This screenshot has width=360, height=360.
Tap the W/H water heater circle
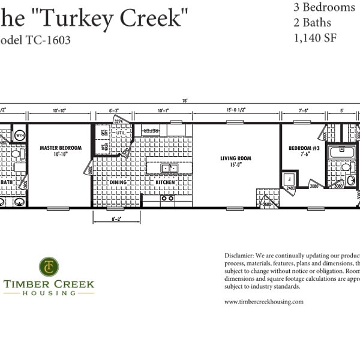click(19, 136)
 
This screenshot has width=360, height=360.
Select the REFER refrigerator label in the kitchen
click(150, 130)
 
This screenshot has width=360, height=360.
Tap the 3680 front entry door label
click(267, 203)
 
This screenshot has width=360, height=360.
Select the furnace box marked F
click(289, 179)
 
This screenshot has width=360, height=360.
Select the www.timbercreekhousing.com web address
click(263, 302)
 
